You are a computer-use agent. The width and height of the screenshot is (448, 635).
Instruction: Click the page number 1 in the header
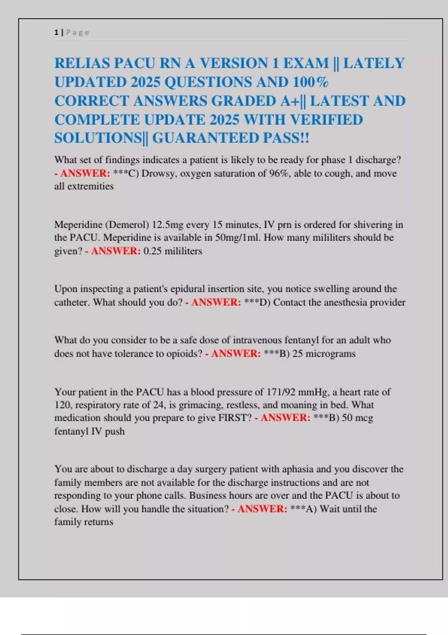56,32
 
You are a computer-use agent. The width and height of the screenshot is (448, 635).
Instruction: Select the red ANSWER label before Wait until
262,509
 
